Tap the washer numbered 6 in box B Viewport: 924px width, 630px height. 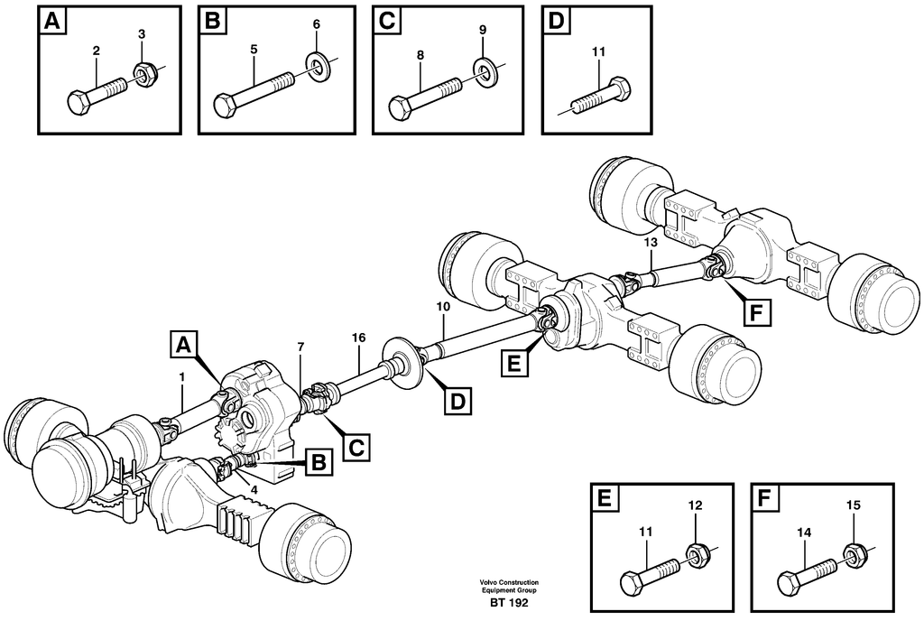[x=318, y=64]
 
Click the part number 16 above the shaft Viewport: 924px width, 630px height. [x=359, y=337]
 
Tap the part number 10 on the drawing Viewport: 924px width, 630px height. [x=442, y=308]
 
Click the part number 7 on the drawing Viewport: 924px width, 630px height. [x=300, y=347]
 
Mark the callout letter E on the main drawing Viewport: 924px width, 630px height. [x=513, y=364]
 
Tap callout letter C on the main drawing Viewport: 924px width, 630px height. [x=357, y=446]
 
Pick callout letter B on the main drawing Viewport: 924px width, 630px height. [x=317, y=464]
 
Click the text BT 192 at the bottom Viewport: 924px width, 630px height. [x=510, y=603]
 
